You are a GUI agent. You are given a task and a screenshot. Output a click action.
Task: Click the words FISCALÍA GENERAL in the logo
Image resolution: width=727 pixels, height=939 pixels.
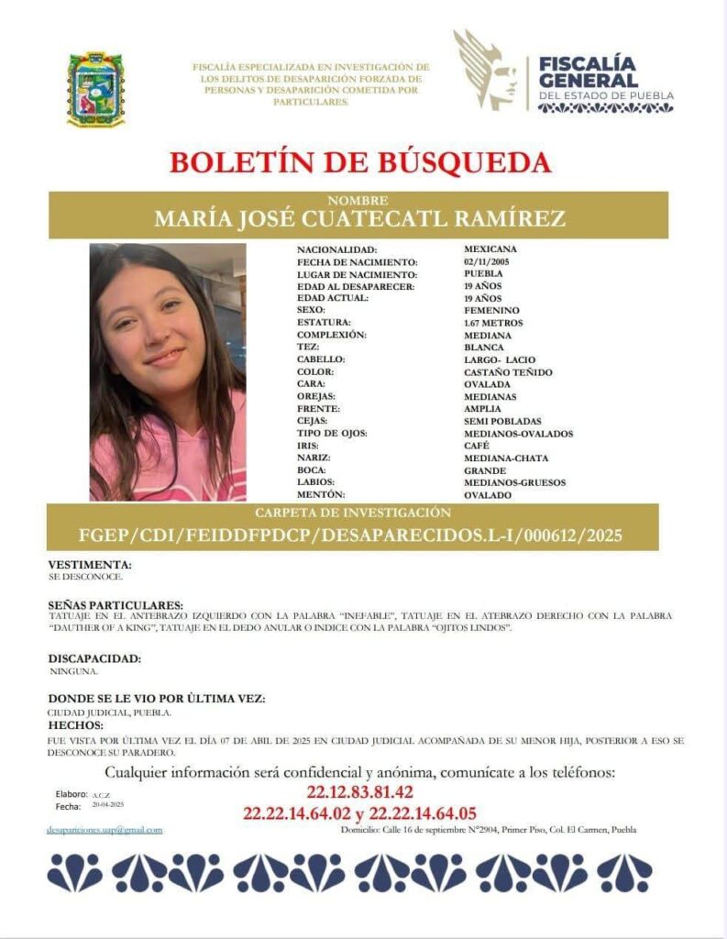[x=587, y=72]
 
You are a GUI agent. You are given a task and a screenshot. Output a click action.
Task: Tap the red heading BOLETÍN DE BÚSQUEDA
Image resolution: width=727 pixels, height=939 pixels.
[x=359, y=162]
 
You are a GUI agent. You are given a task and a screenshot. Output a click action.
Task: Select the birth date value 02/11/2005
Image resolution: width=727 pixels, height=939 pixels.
[x=484, y=261]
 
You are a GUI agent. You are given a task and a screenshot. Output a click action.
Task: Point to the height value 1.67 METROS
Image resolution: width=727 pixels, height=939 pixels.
[x=493, y=324]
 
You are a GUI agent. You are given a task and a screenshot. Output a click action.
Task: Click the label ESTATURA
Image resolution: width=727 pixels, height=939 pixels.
[x=324, y=324]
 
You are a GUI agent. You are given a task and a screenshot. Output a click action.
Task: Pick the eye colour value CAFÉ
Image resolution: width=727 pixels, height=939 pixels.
[x=476, y=447]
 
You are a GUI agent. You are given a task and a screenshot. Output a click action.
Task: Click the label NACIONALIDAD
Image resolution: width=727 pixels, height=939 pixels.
[x=336, y=249]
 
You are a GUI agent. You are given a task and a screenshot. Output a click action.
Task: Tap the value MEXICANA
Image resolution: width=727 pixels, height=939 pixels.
[x=490, y=249]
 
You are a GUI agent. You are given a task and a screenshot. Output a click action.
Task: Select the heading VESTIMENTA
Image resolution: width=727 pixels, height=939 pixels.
[x=90, y=565]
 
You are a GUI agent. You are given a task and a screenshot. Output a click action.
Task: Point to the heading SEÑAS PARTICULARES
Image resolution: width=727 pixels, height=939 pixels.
[x=116, y=605]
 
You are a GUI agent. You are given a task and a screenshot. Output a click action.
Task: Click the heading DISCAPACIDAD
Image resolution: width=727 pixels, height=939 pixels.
[x=94, y=658]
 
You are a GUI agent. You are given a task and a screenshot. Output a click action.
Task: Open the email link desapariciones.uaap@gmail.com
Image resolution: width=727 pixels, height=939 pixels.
[x=105, y=830]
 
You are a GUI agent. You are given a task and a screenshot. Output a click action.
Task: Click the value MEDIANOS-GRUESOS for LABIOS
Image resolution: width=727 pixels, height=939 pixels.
[x=514, y=483]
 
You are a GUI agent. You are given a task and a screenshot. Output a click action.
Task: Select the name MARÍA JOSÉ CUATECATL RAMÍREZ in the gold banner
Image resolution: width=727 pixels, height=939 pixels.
[x=358, y=219]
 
